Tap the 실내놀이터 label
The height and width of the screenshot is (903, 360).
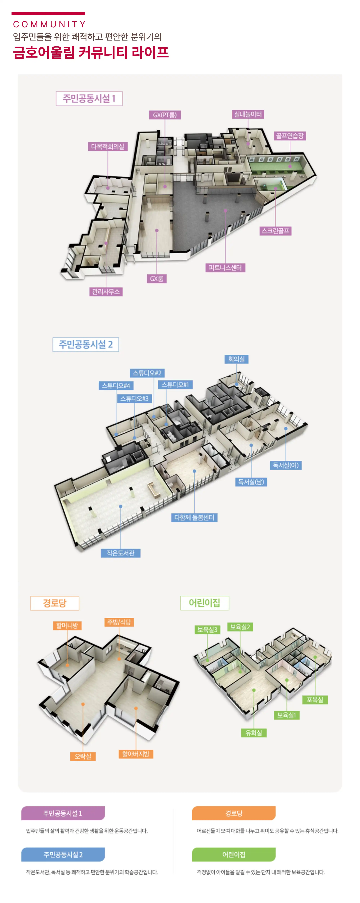[248, 114]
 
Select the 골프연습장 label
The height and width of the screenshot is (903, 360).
[290, 136]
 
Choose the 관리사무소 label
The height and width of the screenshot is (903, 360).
[105, 292]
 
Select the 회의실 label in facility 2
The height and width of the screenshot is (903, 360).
[236, 359]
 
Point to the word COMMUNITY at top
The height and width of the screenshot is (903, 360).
[49, 24]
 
